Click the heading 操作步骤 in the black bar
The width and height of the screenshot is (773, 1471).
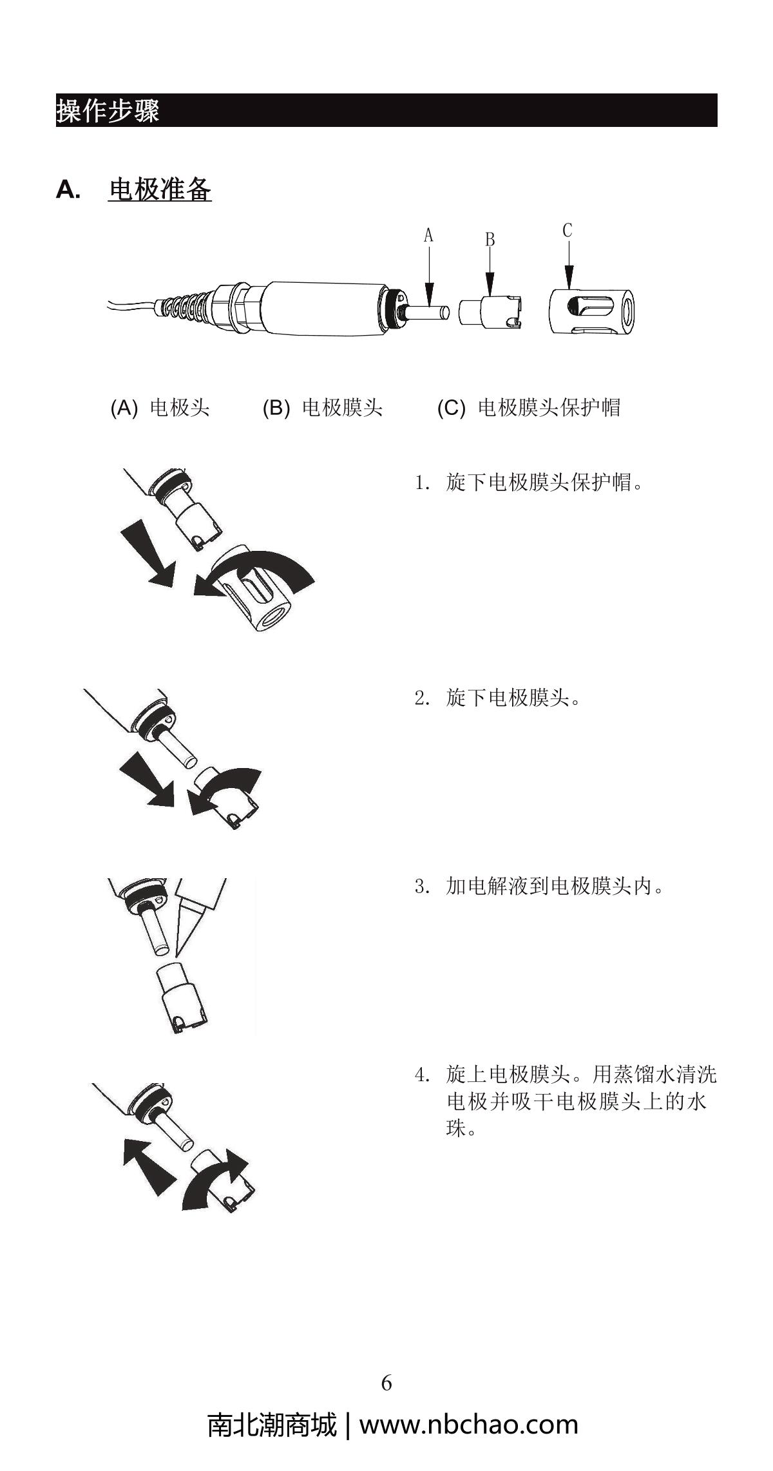coord(108,110)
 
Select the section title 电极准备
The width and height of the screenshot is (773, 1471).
coord(160,189)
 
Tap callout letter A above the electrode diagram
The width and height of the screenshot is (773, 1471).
coord(428,236)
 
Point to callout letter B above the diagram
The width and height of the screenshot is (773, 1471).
coord(490,240)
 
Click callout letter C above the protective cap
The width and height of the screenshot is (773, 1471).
coord(567,230)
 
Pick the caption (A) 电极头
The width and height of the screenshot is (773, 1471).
coord(160,408)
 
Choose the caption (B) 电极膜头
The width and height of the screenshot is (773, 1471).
coord(323,408)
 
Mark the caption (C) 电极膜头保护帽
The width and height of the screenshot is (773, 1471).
coord(529,408)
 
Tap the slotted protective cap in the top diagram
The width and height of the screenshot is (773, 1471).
coord(593,311)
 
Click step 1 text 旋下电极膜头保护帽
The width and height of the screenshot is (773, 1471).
coord(544,482)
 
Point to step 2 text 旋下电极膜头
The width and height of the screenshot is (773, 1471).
coord(513,697)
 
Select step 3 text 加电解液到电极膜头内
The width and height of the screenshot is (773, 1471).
coord(554,887)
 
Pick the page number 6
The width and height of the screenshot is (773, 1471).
coord(386,1383)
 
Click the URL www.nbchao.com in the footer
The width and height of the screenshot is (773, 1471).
coord(468,1425)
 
